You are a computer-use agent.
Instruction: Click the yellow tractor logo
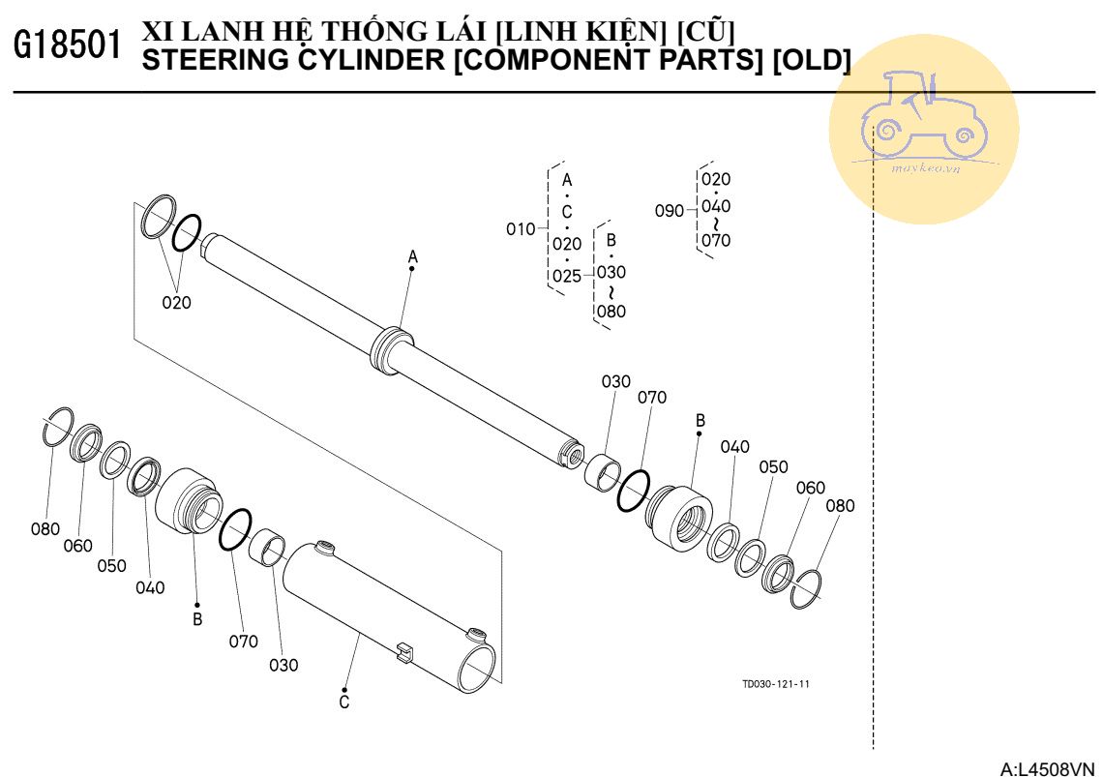click(x=923, y=128)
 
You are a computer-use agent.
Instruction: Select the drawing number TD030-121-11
click(x=775, y=684)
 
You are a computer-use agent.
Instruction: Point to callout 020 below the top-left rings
click(x=176, y=302)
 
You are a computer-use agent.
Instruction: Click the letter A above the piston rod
click(x=412, y=256)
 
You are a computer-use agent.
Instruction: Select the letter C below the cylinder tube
click(x=344, y=702)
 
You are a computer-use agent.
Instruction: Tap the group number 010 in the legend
click(x=521, y=229)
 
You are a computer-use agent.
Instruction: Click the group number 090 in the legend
click(x=670, y=210)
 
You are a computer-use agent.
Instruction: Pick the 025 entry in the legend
click(x=567, y=276)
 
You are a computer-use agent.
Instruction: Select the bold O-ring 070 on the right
click(x=633, y=491)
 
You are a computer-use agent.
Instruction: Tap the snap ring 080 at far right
click(x=807, y=589)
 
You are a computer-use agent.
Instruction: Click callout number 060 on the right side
click(x=810, y=488)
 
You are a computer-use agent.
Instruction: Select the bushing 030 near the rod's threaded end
click(x=604, y=472)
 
